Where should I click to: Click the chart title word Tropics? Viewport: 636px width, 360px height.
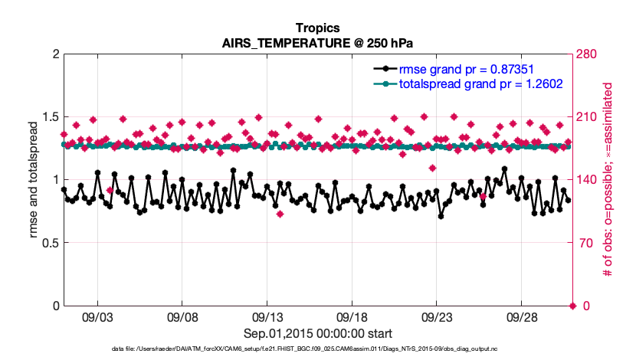tap(317, 28)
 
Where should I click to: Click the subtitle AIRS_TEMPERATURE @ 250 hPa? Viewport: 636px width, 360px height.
tap(317, 42)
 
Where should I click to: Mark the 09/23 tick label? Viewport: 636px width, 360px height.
tap(437, 316)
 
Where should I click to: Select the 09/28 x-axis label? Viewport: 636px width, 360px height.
tap(522, 316)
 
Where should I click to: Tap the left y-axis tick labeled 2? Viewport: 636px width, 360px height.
tap(54, 54)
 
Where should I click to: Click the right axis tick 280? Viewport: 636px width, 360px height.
tap(588, 54)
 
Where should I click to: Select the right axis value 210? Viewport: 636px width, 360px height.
tap(588, 117)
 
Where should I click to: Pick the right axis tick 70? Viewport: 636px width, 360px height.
tap(585, 244)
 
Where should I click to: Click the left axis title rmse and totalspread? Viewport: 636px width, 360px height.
tap(34, 180)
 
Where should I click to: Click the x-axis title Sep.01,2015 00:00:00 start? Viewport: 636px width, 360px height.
tap(317, 333)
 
